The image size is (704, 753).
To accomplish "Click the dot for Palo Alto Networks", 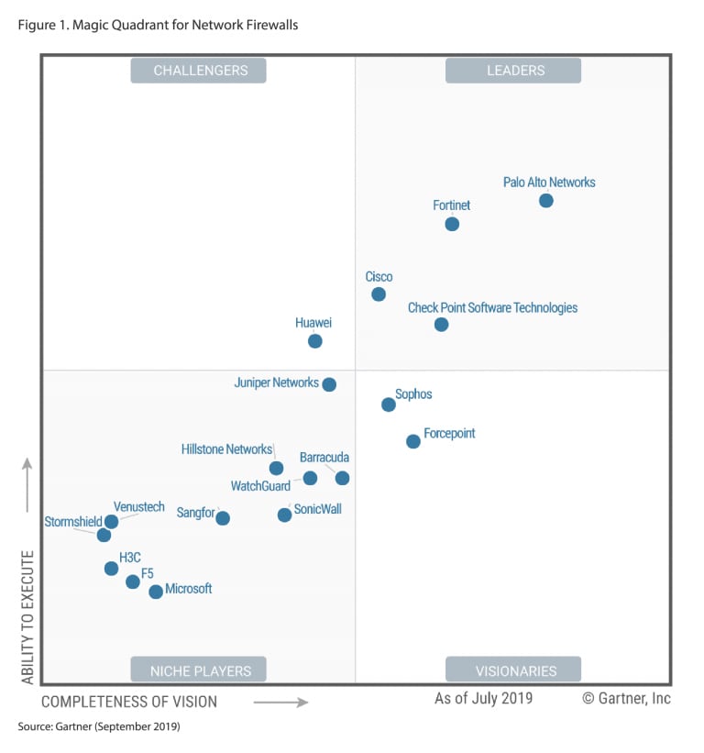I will point(545,200).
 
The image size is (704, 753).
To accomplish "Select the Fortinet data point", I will point(452,224).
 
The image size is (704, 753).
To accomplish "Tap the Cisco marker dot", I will point(379,294).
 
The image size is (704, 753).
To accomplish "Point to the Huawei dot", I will point(315,341).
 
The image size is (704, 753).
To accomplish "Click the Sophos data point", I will point(389,404).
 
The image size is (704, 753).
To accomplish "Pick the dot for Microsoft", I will point(156,592).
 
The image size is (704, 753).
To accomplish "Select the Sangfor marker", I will point(223,518).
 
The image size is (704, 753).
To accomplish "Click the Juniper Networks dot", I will point(329,384).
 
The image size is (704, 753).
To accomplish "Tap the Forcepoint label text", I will point(449,433).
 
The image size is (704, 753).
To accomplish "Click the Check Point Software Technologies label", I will point(492,307).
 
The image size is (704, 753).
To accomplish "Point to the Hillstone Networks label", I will point(226,449).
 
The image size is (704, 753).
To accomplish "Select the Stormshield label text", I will point(73,522).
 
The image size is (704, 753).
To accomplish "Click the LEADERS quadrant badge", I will point(513,71).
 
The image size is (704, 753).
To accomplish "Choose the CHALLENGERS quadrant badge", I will point(198,71).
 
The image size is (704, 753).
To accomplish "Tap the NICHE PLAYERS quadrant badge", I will point(198,670).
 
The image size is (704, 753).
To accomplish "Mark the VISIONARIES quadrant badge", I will point(513,670).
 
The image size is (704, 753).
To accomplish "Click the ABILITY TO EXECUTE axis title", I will point(27,616).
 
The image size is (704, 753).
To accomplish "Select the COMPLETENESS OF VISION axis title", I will point(129,702).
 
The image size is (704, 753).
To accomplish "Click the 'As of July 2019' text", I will point(483,699).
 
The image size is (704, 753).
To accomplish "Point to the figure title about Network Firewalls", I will point(158,25).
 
